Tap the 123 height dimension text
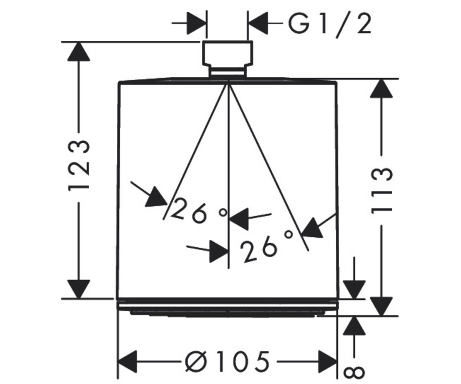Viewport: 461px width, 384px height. point(79,166)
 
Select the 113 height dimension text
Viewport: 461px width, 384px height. point(381,191)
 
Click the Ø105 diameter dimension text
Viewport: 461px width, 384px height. point(227,361)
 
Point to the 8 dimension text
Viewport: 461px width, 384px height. point(354,372)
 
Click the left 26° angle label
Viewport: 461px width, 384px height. point(198,210)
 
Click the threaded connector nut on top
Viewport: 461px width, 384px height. point(227,54)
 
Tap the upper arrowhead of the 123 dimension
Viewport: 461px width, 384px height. point(79,51)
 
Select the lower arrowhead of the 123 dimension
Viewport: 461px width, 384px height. point(79,289)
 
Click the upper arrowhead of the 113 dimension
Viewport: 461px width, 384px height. point(381,88)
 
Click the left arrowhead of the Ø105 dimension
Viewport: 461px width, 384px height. point(128,361)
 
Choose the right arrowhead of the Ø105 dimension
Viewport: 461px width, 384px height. point(328,361)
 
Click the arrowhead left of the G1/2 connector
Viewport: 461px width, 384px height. point(196,23)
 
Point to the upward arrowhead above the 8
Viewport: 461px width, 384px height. point(354,326)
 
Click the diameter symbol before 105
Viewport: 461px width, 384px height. point(196,361)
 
